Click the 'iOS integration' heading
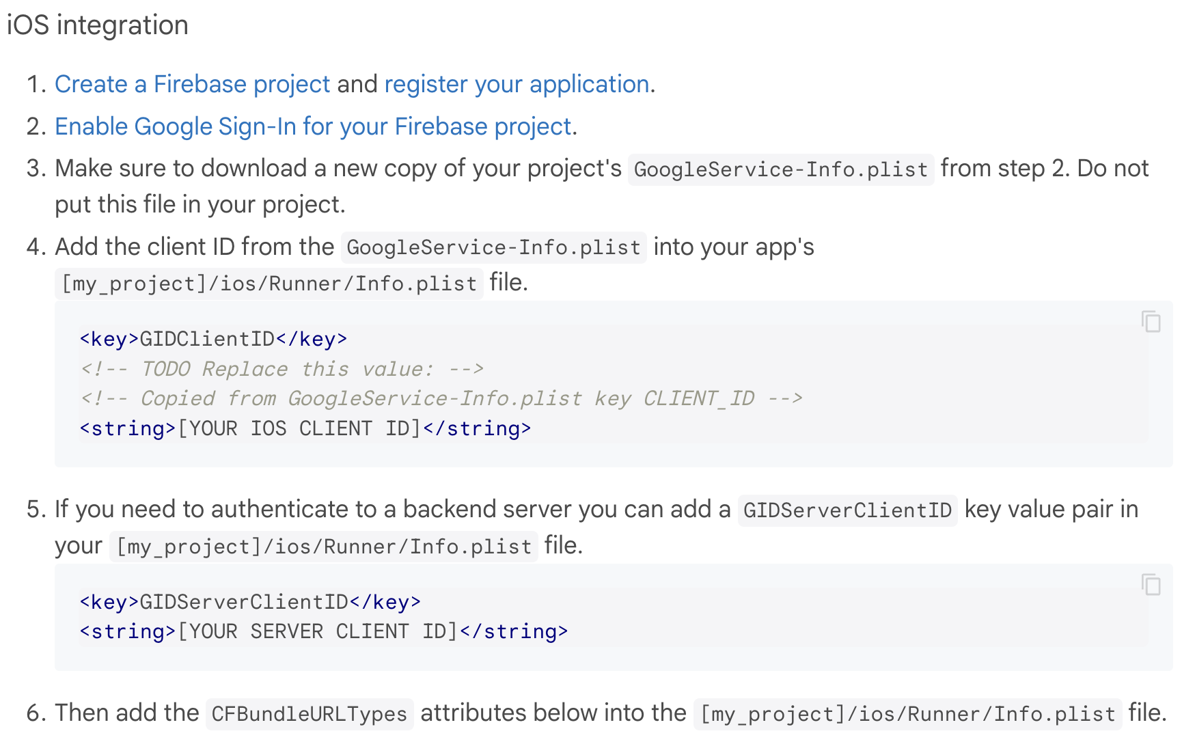point(98,25)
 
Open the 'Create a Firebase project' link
point(192,84)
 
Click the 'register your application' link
point(517,84)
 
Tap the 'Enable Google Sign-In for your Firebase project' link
point(313,126)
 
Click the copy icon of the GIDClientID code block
point(1151,321)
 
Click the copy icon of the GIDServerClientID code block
point(1151,585)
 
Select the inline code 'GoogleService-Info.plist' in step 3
point(780,169)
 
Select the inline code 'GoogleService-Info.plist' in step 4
point(493,247)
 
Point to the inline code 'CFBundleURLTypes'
point(309,714)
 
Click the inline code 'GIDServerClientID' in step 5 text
point(847,510)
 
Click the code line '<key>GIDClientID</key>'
point(213,339)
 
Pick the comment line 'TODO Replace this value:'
point(281,369)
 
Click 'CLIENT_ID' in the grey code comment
point(698,398)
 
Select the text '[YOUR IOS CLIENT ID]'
point(299,428)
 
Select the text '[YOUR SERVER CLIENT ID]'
point(318,631)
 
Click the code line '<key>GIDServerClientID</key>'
point(250,602)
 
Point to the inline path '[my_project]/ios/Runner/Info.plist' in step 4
point(269,284)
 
